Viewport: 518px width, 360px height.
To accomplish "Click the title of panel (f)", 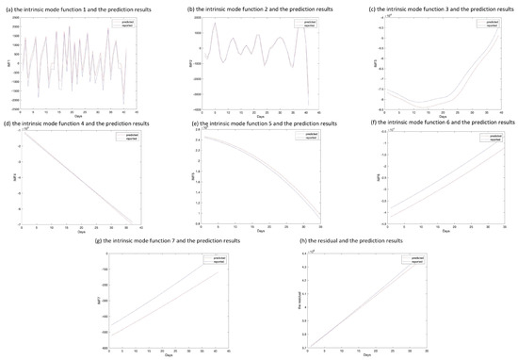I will click(x=429, y=123).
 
